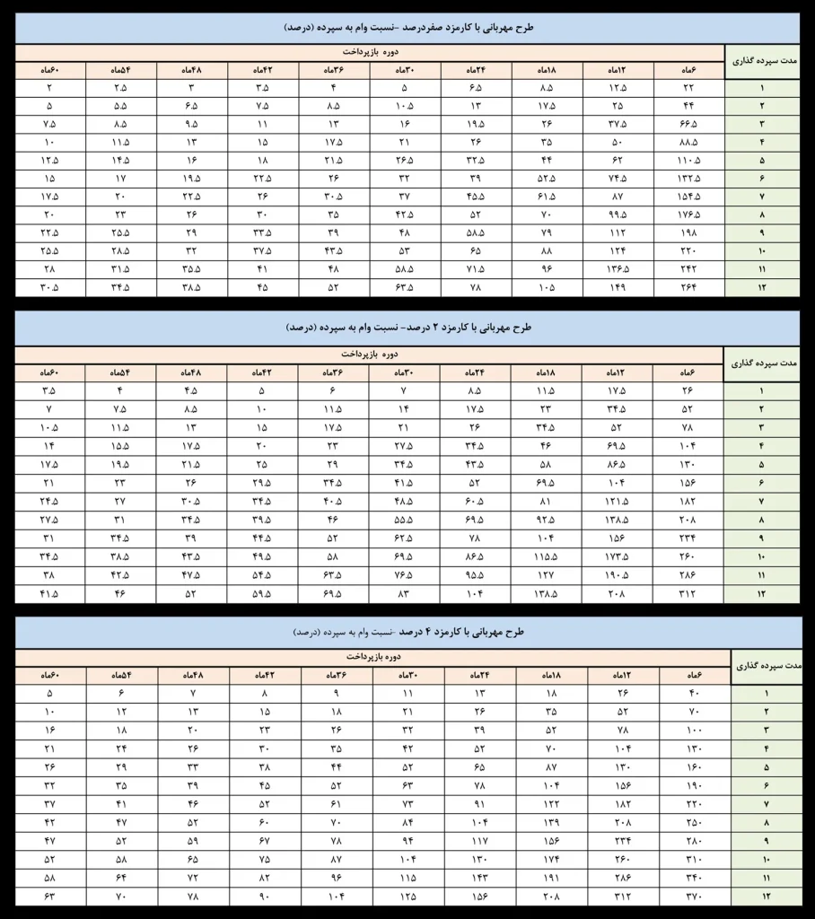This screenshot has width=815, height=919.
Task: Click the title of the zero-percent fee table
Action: [407, 28]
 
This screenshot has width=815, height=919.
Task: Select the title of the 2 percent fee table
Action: [407, 328]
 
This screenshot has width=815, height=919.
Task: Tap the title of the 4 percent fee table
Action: [407, 632]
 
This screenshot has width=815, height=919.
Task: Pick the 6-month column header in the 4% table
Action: [696, 674]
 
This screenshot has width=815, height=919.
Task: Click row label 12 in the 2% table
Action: [762, 595]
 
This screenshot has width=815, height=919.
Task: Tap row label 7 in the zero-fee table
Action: [762, 196]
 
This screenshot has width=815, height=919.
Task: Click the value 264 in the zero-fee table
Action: [689, 288]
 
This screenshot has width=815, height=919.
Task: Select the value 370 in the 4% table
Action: [696, 897]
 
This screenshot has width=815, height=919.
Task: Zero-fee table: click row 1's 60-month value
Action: [50, 88]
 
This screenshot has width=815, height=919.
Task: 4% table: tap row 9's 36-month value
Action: [337, 841]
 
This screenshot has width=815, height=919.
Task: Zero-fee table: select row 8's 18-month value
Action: [546, 214]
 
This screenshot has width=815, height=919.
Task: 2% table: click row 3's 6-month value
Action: [689, 427]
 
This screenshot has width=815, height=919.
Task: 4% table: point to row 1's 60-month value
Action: [50, 693]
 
